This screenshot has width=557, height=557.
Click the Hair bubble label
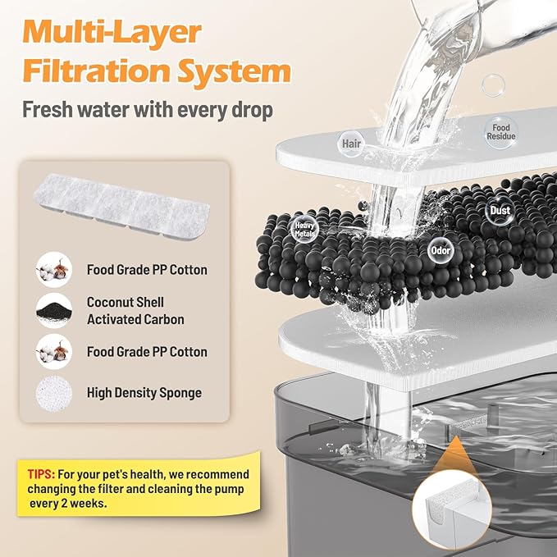pyautogui.click(x=351, y=144)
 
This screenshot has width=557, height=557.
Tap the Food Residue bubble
pyautogui.click(x=501, y=132)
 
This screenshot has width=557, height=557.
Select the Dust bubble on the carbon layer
pyautogui.click(x=500, y=210)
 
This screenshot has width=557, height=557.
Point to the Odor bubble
pyautogui.click(x=441, y=251)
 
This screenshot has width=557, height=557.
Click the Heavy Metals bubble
pyautogui.click(x=304, y=230)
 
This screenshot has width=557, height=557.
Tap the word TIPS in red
pyautogui.click(x=41, y=474)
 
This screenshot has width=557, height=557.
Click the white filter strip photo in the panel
pyautogui.click(x=121, y=206)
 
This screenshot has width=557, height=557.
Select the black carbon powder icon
pyautogui.click(x=54, y=310)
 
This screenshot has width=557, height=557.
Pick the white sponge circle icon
pyautogui.click(x=54, y=393)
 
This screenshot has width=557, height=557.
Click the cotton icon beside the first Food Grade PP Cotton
pyautogui.click(x=54, y=270)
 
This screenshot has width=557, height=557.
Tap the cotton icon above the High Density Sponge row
pyautogui.click(x=54, y=352)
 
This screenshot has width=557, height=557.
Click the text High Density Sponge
pyautogui.click(x=144, y=393)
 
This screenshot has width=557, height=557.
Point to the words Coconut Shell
pyautogui.click(x=126, y=303)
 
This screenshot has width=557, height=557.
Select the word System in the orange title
pyautogui.click(x=235, y=71)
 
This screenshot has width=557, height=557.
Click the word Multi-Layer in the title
pyautogui.click(x=112, y=32)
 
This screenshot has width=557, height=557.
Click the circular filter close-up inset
pyautogui.click(x=452, y=511)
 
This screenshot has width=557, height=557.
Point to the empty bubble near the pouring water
pyautogui.click(x=493, y=85)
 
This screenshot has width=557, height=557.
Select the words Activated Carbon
pyautogui.click(x=135, y=319)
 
